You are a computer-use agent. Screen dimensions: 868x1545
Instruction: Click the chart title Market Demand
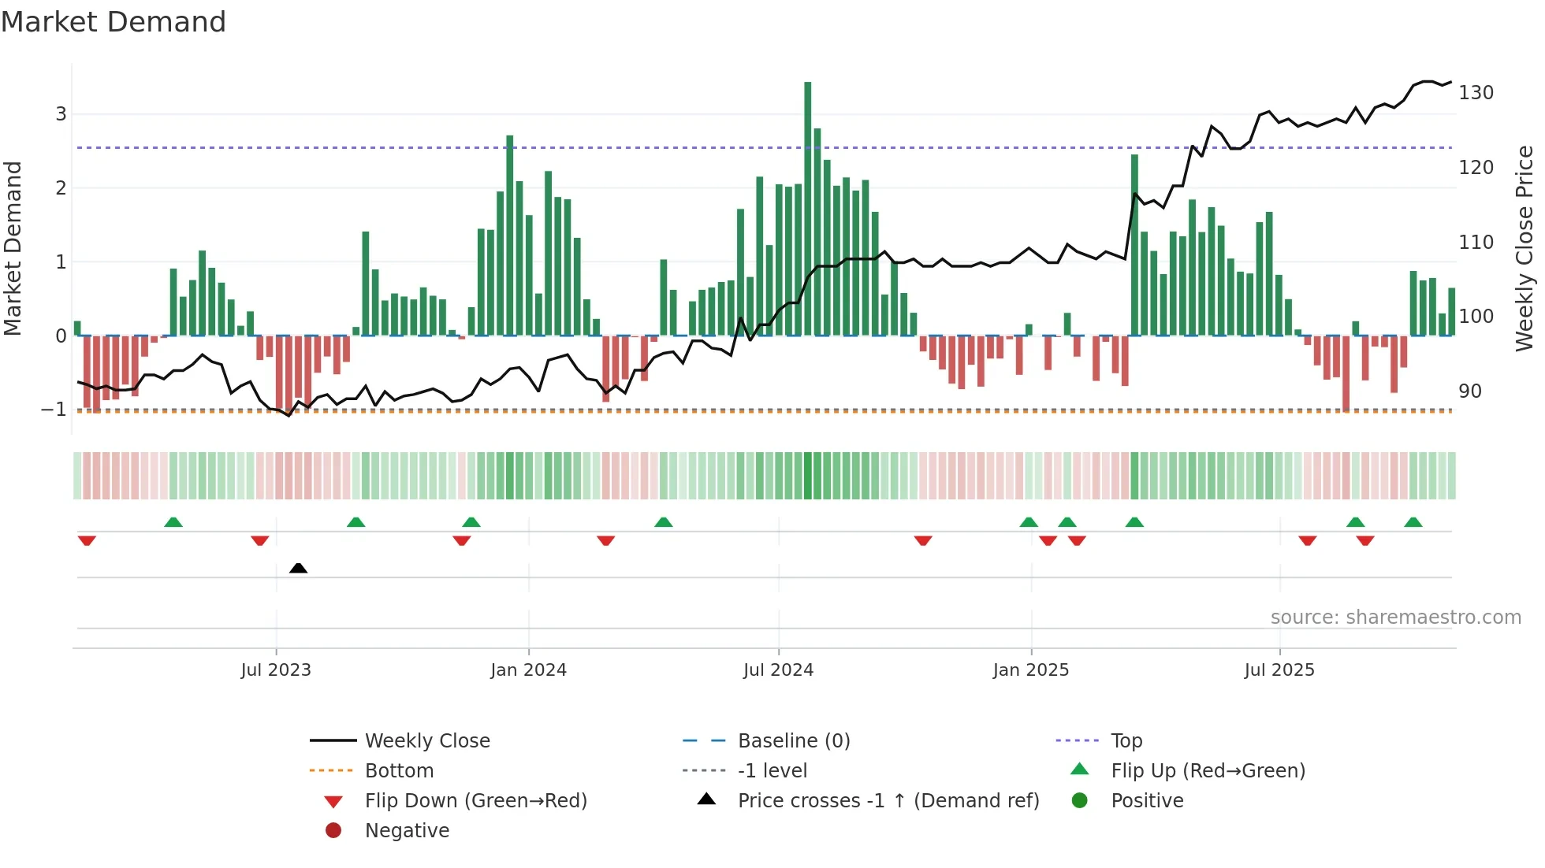click(114, 22)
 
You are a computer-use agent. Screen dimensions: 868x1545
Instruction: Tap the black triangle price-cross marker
click(298, 568)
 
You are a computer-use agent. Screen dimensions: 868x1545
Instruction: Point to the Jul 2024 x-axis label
click(778, 670)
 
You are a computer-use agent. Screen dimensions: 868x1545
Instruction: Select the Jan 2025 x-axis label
click(1030, 670)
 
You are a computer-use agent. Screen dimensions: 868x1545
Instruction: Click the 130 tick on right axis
click(1476, 93)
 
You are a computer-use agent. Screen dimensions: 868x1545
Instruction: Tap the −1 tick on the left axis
click(54, 410)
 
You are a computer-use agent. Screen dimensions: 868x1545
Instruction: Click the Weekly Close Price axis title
click(1525, 248)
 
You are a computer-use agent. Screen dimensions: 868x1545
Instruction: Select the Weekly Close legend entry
click(426, 741)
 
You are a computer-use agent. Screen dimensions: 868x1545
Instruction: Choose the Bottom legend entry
click(399, 771)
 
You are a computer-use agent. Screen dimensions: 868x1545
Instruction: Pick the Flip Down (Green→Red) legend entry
click(475, 801)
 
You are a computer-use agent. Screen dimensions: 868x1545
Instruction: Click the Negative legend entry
click(407, 831)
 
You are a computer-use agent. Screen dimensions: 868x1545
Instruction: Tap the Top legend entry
click(1126, 741)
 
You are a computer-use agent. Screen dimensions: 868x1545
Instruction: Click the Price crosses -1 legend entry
click(888, 801)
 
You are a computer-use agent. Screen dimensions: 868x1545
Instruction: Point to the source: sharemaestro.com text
click(1395, 618)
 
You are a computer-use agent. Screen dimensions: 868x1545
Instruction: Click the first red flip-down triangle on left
click(87, 540)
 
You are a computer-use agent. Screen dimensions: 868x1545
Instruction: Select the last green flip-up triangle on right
click(1413, 522)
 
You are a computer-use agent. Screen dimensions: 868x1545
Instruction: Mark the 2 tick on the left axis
click(61, 187)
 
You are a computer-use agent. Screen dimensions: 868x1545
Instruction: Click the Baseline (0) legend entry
click(793, 741)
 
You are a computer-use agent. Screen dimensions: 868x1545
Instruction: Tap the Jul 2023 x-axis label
click(276, 670)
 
